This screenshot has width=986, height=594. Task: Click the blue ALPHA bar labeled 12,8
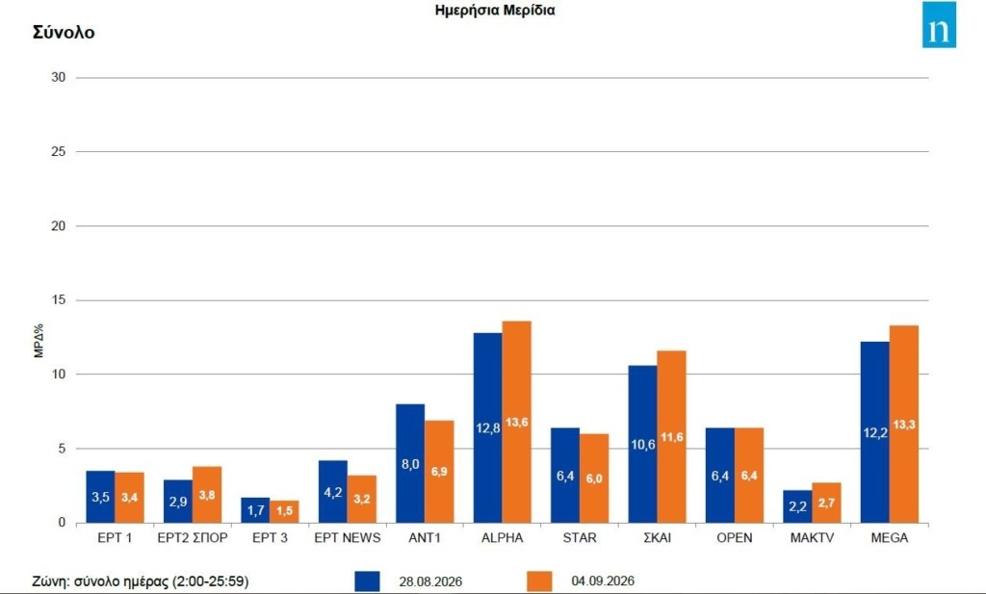pyautogui.click(x=487, y=427)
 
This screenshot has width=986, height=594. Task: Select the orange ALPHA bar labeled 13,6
pyautogui.click(x=517, y=422)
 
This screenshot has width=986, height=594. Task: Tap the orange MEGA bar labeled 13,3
pyautogui.click(x=904, y=425)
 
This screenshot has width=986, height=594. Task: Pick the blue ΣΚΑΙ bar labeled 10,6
pyautogui.click(x=642, y=444)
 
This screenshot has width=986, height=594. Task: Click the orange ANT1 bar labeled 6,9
pyautogui.click(x=439, y=472)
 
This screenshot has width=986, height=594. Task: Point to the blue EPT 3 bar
pyautogui.click(x=255, y=510)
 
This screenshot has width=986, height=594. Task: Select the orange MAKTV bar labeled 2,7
pyautogui.click(x=826, y=503)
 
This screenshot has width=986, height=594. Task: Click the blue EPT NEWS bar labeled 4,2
pyautogui.click(x=332, y=492)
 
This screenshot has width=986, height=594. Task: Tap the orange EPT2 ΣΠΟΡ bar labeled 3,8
pyautogui.click(x=207, y=495)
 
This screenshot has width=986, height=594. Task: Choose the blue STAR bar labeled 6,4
pyautogui.click(x=565, y=476)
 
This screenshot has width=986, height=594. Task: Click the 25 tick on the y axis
pyautogui.click(x=59, y=151)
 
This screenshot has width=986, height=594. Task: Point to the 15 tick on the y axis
pyautogui.click(x=59, y=299)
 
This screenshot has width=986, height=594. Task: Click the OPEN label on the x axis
pyautogui.click(x=735, y=538)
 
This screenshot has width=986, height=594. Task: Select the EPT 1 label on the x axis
pyautogui.click(x=116, y=538)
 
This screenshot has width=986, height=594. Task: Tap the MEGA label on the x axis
pyautogui.click(x=890, y=538)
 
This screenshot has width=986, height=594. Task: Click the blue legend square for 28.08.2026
pyautogui.click(x=367, y=581)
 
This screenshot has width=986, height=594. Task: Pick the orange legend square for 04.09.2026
pyautogui.click(x=539, y=581)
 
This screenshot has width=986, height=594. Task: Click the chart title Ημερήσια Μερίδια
pyautogui.click(x=495, y=10)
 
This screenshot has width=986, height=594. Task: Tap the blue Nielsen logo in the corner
pyautogui.click(x=940, y=24)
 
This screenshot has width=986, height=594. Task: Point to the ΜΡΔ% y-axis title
pyautogui.click(x=39, y=341)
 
